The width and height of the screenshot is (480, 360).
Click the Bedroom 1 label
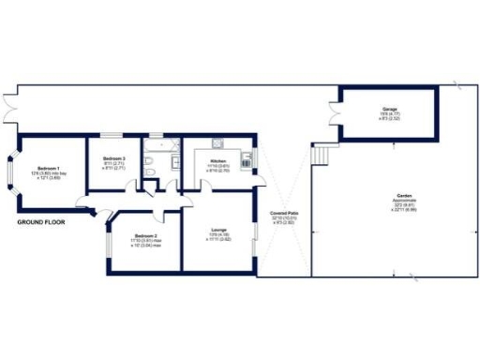click(x=39, y=170)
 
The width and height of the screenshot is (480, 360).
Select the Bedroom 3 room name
click(x=114, y=158)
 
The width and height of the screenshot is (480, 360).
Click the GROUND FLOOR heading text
click(x=40, y=223)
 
